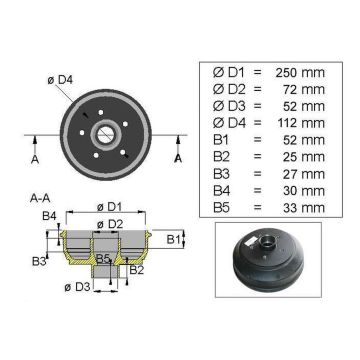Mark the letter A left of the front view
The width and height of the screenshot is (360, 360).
coord(33,157)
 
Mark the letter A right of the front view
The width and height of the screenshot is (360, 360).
coord(178,157)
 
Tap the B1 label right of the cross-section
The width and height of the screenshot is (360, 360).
coord(173,239)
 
